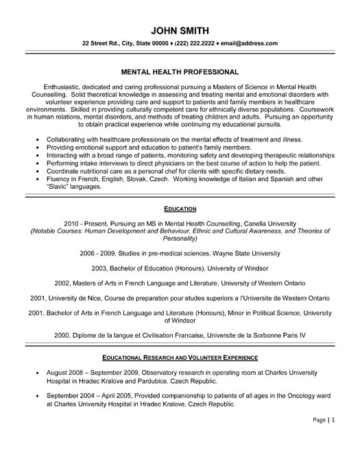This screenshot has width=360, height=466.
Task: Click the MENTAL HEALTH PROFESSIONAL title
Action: point(180,71)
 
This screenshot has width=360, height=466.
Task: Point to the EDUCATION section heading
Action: point(180,207)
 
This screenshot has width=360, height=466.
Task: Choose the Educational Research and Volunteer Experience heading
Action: point(180,358)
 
